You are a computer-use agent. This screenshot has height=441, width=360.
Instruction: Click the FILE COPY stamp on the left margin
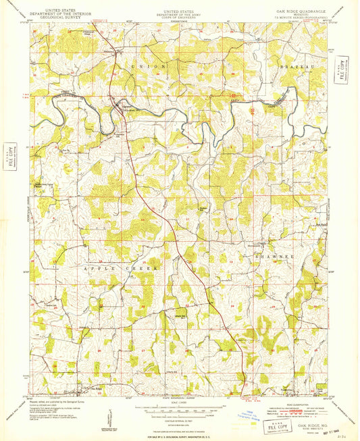click(x=9, y=153)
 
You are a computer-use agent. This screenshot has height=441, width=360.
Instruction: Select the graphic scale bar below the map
click(x=180, y=409)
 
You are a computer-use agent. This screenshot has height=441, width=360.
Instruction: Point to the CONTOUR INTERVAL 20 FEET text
click(x=180, y=419)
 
